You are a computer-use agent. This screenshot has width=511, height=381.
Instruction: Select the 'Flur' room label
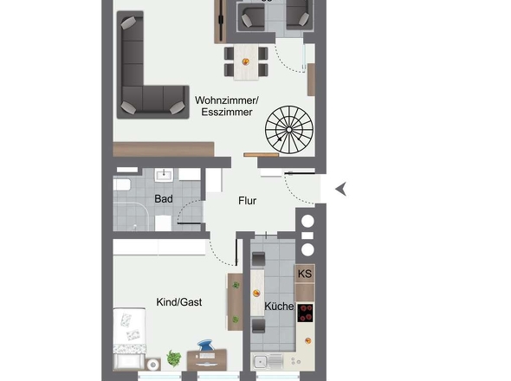(248, 202)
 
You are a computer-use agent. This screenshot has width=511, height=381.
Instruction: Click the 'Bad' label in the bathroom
(163, 199)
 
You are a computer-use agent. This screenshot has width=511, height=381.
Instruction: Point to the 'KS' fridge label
(304, 274)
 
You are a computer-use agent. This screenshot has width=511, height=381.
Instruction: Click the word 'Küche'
(278, 307)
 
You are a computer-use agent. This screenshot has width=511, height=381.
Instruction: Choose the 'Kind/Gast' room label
(178, 302)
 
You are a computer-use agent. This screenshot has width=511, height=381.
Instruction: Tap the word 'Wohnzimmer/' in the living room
(226, 100)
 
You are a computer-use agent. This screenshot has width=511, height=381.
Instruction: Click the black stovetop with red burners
(305, 313)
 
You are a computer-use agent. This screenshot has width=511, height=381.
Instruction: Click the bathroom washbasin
(165, 175)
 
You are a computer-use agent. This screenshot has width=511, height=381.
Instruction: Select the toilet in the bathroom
(161, 221)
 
